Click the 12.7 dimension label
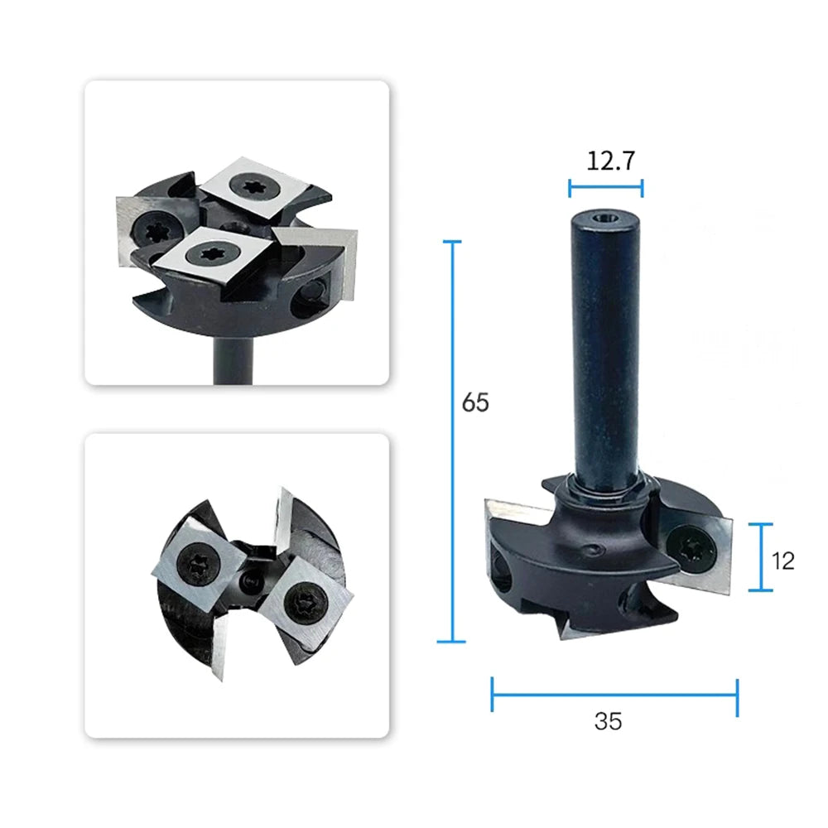(x=610, y=161)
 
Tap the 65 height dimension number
(x=475, y=402)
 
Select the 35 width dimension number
(x=608, y=721)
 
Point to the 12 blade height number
(x=782, y=561)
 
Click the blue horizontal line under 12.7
(x=606, y=188)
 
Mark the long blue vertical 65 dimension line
(x=451, y=441)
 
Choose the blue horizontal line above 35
(x=614, y=695)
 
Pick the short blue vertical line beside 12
(x=761, y=557)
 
